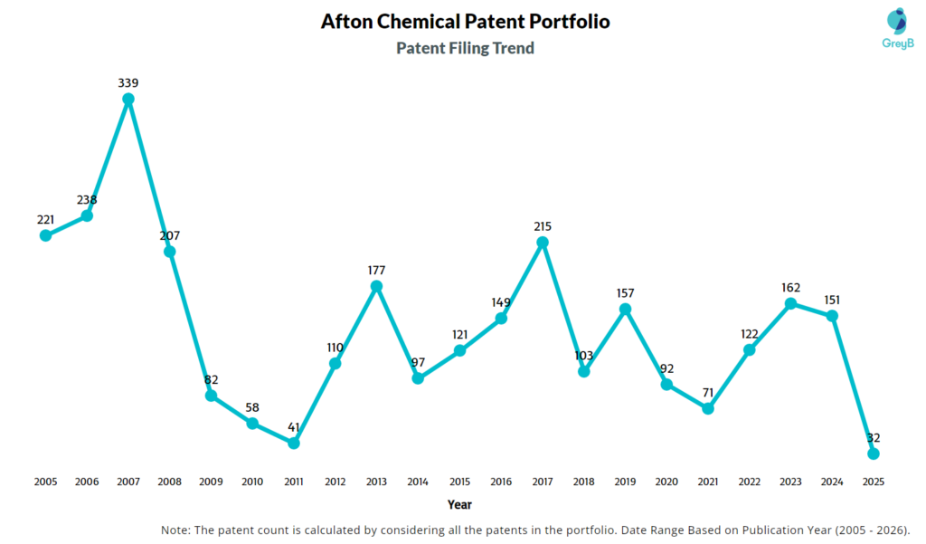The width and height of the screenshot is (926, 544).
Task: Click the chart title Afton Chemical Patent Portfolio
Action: pyautogui.click(x=465, y=21)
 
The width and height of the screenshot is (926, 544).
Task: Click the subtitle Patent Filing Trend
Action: pyautogui.click(x=465, y=48)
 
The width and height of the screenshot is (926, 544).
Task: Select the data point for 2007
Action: pyautogui.click(x=128, y=99)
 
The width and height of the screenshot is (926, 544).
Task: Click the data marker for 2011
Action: pyautogui.click(x=294, y=443)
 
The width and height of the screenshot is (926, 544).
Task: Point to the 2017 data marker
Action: pyautogui.click(x=543, y=243)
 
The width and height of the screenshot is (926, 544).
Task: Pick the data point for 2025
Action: pyautogui.click(x=873, y=453)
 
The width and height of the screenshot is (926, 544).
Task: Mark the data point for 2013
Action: pyautogui.click(x=377, y=286)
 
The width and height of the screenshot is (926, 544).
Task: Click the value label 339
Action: pyautogui.click(x=128, y=82)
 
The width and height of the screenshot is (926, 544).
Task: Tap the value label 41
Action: pyautogui.click(x=294, y=426)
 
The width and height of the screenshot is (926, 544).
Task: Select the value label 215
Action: pyautogui.click(x=543, y=226)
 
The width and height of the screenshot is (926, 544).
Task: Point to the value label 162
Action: pyautogui.click(x=790, y=288)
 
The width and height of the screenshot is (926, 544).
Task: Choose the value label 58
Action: pyautogui.click(x=252, y=406)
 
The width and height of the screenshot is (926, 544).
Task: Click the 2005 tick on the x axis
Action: pyautogui.click(x=45, y=482)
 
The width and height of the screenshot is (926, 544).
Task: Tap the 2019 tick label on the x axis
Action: pyautogui.click(x=625, y=482)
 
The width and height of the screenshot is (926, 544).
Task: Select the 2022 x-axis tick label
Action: pyautogui.click(x=749, y=482)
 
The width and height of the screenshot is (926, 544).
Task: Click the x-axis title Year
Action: pyautogui.click(x=458, y=504)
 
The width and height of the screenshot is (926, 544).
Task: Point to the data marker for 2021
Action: pyautogui.click(x=708, y=408)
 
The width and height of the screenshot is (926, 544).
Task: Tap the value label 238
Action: pyautogui.click(x=87, y=199)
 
